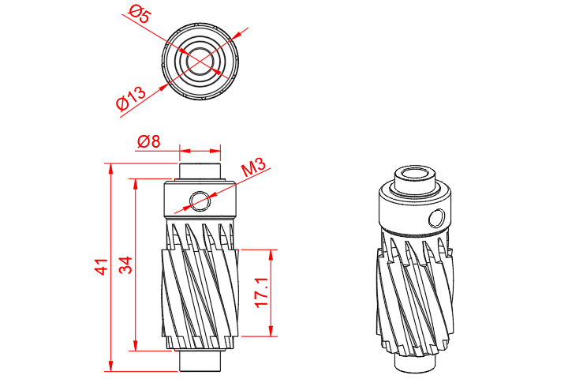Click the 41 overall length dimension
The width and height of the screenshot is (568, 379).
pos(101,267)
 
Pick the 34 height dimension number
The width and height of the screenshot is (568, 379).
pos(125,265)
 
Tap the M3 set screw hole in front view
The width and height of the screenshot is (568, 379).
pos(200,201)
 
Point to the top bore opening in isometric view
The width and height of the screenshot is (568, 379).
pos(415,173)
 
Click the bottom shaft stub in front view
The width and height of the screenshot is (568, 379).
pos(200,358)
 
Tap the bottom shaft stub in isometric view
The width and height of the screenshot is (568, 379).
pos(415,363)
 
